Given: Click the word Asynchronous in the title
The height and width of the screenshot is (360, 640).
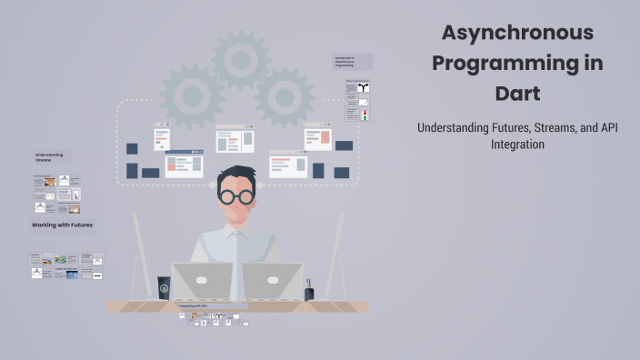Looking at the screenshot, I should click(x=517, y=33).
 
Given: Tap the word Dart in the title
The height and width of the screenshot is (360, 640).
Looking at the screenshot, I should click(x=517, y=94).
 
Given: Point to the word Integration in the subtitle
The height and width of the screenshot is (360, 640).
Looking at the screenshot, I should click(x=517, y=144).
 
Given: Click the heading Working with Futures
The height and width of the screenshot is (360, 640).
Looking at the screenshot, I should click(x=63, y=225).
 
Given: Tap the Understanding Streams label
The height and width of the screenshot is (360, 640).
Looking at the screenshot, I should click(x=49, y=157).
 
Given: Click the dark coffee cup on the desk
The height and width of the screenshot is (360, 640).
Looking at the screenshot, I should click(x=164, y=288).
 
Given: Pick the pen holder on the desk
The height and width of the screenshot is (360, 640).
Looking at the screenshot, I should click(x=309, y=292).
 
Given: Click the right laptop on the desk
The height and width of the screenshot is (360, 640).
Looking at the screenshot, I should click(x=272, y=282).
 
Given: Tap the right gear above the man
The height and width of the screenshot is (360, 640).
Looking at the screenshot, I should click(x=285, y=95).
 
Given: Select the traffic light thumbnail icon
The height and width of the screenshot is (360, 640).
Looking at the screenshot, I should click(x=365, y=115).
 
